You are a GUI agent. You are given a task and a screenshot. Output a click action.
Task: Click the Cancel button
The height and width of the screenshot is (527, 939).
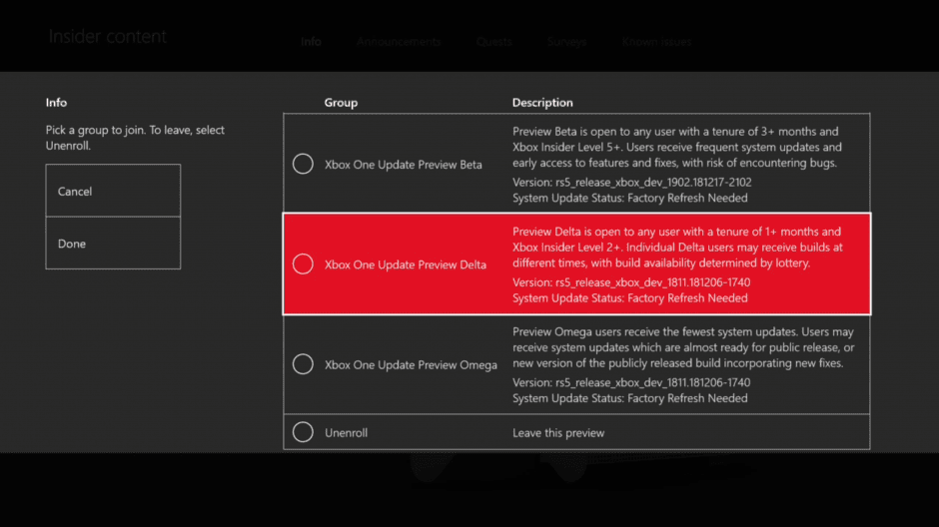113,192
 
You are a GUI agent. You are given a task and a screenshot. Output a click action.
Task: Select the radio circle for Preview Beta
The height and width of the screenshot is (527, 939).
303,164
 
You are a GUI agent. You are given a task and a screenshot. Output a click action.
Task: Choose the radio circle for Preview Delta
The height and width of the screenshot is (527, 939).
303,264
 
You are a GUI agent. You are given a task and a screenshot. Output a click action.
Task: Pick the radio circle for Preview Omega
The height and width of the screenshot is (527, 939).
303,364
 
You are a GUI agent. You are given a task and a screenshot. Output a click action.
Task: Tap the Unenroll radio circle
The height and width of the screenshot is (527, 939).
303,432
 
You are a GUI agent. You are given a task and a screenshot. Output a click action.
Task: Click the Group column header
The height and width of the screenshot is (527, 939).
341,103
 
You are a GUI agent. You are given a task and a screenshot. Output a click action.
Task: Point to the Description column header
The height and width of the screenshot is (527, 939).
542,103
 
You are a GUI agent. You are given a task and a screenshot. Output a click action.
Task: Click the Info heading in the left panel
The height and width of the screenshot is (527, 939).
56,103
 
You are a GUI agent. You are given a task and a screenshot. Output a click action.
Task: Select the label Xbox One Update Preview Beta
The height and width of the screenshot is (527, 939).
403,165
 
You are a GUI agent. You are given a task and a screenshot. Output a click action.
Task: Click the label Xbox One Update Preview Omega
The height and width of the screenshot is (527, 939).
411,365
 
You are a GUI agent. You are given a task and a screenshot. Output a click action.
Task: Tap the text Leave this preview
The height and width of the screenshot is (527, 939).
558,433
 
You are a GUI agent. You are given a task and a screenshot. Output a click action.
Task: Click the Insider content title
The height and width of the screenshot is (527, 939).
108,37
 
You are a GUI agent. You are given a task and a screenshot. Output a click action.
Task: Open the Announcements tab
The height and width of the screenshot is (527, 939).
399,42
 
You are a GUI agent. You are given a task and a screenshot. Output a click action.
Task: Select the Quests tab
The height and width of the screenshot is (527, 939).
494,42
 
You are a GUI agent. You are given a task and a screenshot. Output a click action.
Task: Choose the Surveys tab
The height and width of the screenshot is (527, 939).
566,42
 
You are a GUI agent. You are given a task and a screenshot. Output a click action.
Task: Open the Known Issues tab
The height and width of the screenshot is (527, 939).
656,42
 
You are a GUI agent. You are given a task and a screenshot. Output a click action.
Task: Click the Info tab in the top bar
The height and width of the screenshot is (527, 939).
311,42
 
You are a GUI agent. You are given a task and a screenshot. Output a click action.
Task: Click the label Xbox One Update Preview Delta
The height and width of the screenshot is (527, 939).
406,265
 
